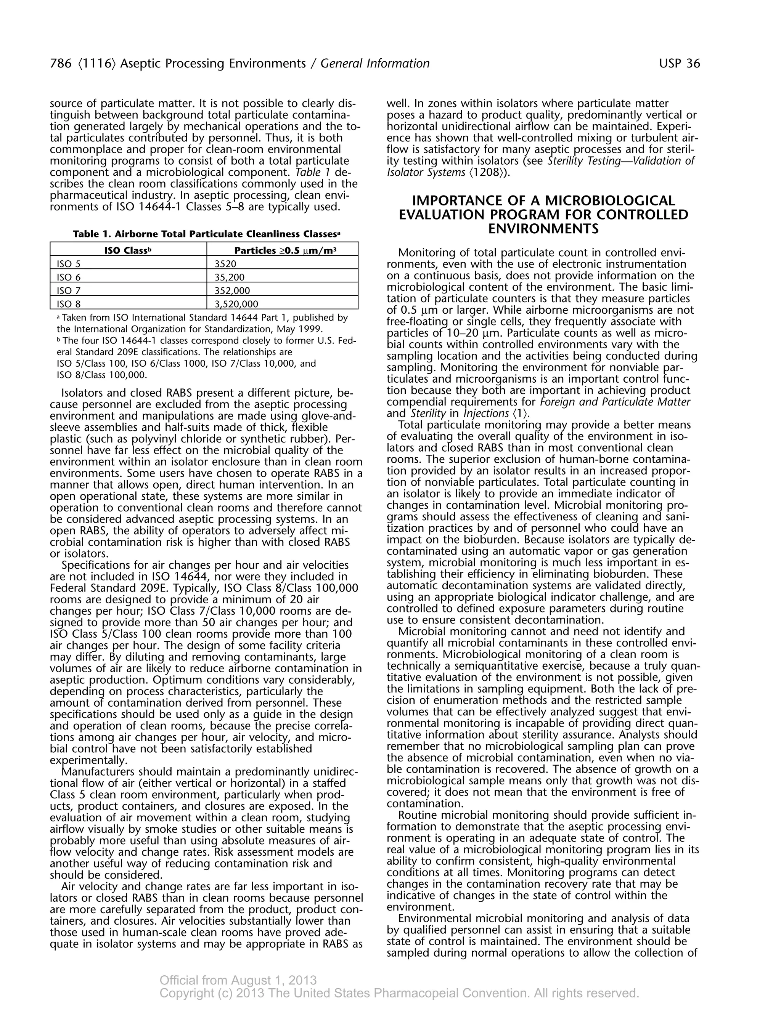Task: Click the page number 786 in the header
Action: (x=60, y=63)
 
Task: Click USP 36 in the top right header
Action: (x=679, y=63)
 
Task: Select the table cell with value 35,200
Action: (x=230, y=277)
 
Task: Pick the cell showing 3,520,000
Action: (x=236, y=304)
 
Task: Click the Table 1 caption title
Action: (x=204, y=234)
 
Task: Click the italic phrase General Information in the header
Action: (x=375, y=63)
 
